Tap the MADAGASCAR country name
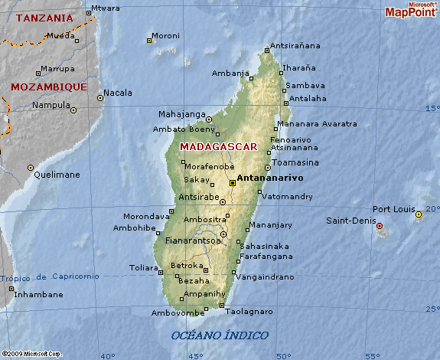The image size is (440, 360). pyautogui.click(x=218, y=146)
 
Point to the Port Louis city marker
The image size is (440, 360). pyautogui.click(x=419, y=215)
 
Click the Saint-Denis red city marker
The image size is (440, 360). pyautogui.click(x=380, y=226)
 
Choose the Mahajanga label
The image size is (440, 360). pyautogui.click(x=182, y=115)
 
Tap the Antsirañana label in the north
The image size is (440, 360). pyautogui.click(x=298, y=46)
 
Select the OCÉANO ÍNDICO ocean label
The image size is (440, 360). pyautogui.click(x=220, y=335)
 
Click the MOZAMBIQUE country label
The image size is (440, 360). pyautogui.click(x=48, y=87)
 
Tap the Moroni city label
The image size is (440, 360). pyautogui.click(x=165, y=36)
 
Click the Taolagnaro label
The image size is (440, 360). pyautogui.click(x=249, y=312)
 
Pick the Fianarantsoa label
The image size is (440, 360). pyautogui.click(x=191, y=241)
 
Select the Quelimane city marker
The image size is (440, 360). pyautogui.click(x=31, y=167)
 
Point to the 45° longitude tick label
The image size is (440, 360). pyautogui.click(x=196, y=355)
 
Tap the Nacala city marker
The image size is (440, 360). pyautogui.click(x=99, y=97)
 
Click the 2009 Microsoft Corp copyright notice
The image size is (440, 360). pyautogui.click(x=31, y=354)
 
